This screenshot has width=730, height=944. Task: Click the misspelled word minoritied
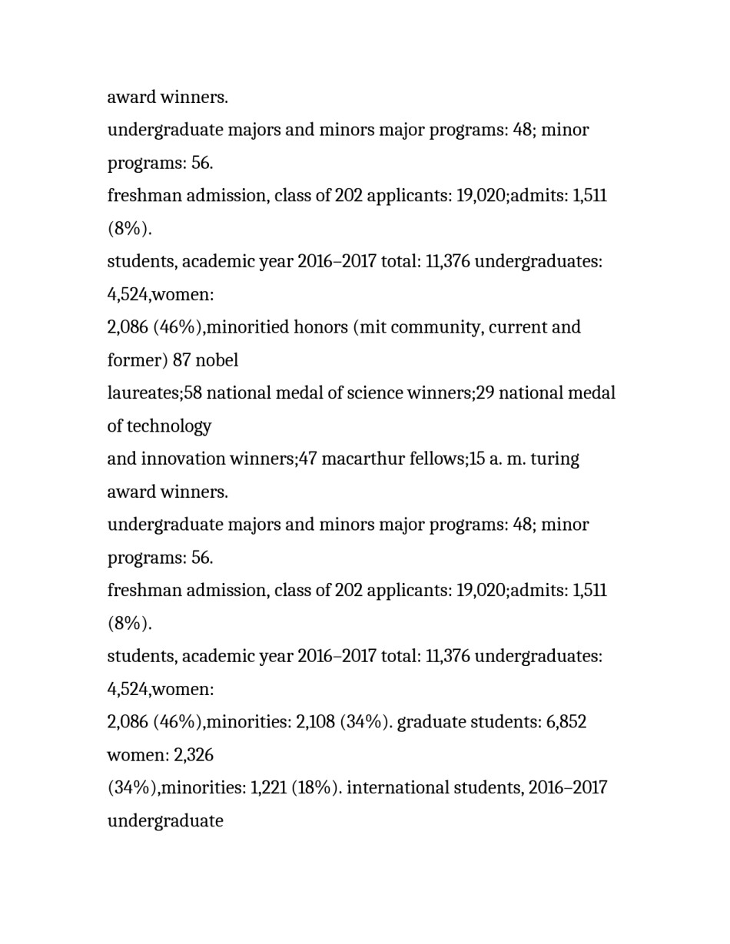245,327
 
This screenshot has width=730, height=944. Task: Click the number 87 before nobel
182,360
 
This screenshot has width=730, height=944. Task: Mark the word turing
555,459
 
